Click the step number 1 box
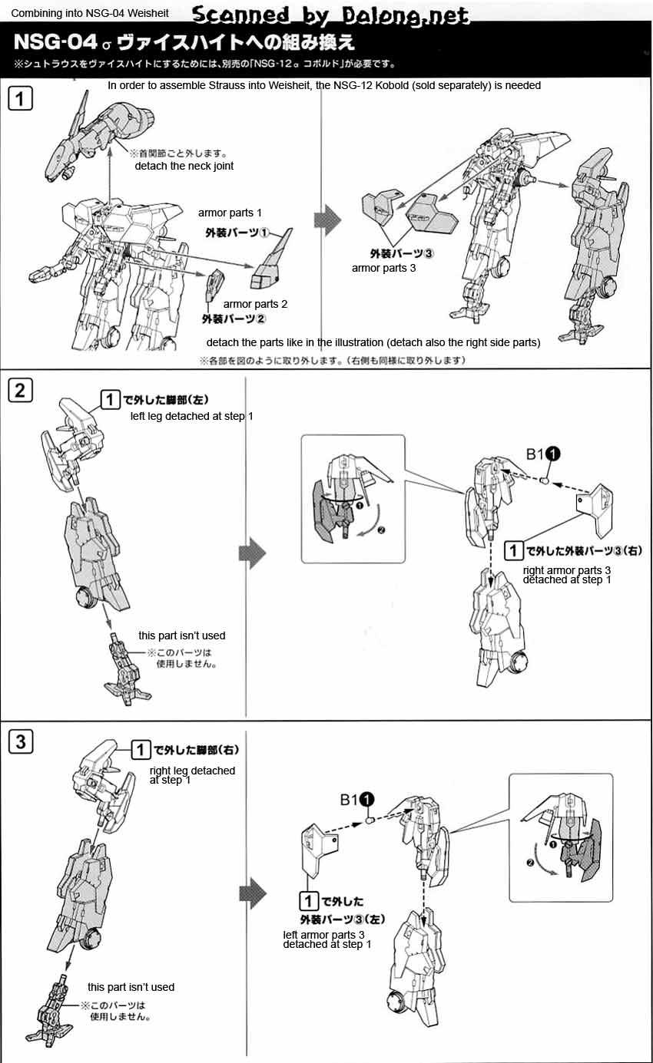click(x=20, y=98)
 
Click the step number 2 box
click(x=20, y=391)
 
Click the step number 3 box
click(x=20, y=741)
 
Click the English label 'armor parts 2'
click(x=255, y=304)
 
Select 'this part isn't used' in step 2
click(x=181, y=635)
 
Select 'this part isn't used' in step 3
click(x=131, y=987)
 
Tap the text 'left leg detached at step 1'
click(x=192, y=416)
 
